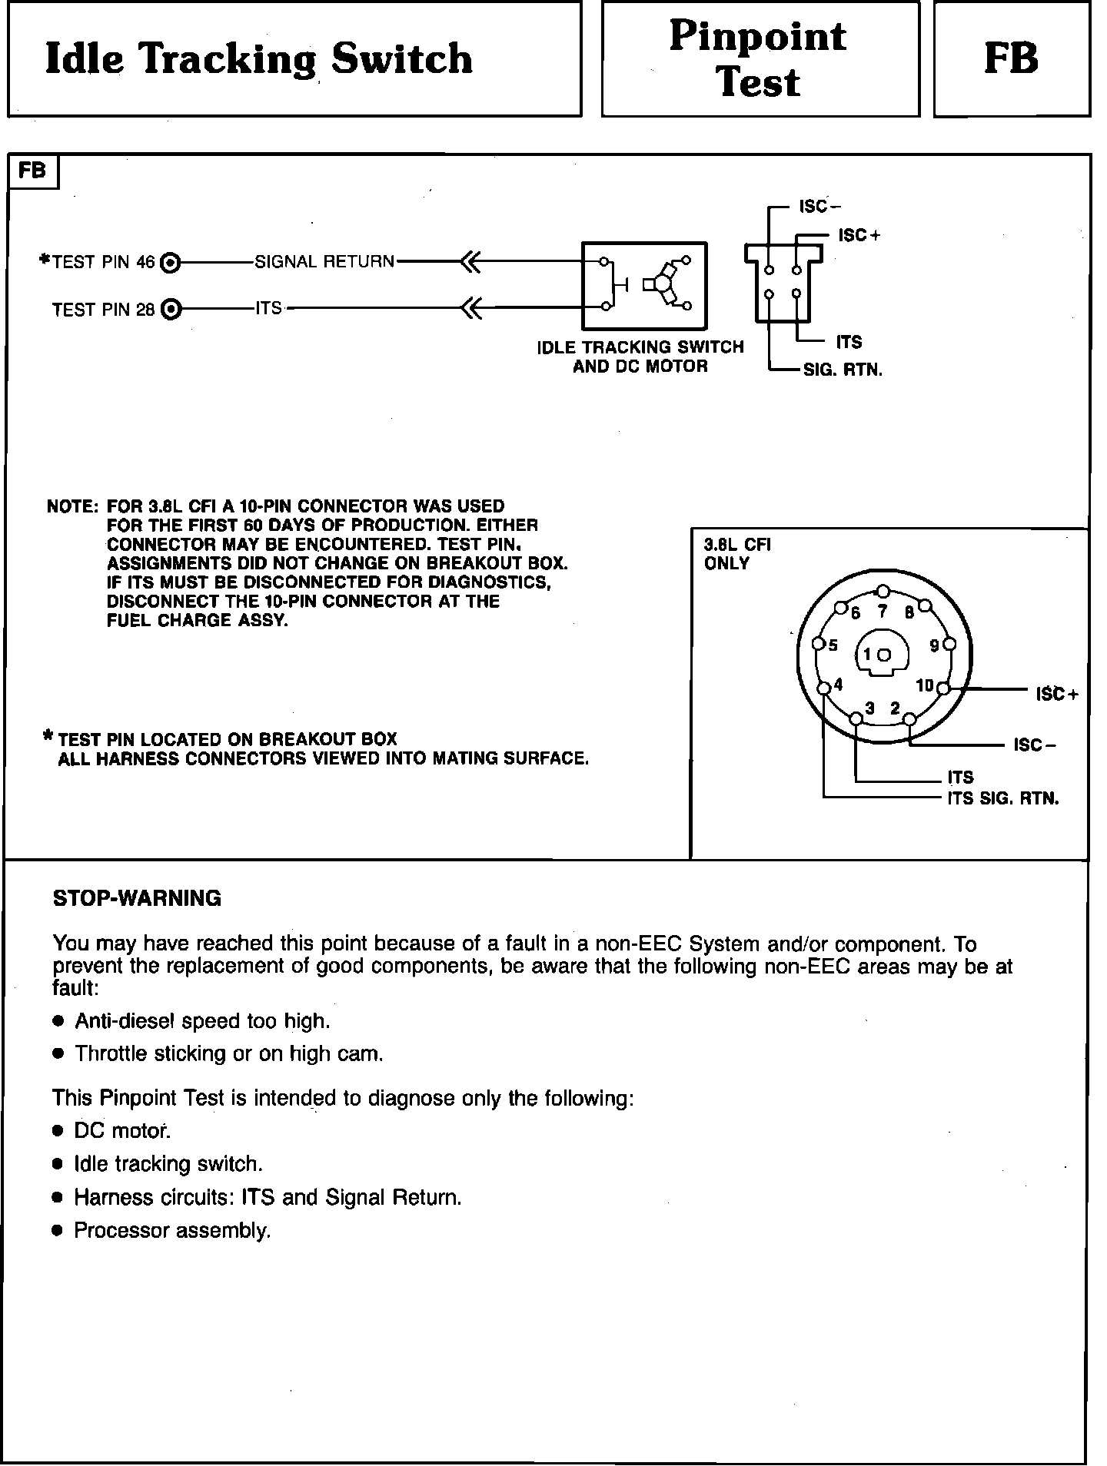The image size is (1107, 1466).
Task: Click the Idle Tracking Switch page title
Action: (x=259, y=59)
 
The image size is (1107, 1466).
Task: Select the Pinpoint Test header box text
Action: (x=758, y=59)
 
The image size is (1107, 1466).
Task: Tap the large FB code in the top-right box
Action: (x=1011, y=59)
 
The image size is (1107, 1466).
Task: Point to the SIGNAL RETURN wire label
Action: (x=324, y=262)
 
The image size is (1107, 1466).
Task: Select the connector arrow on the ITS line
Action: (x=470, y=310)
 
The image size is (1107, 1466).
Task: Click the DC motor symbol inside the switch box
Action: (x=666, y=284)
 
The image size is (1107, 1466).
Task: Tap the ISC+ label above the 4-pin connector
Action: (x=859, y=235)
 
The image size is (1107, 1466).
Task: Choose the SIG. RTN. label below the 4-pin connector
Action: (x=843, y=370)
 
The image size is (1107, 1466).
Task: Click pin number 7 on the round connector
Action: (x=883, y=612)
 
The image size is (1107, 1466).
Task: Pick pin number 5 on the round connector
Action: (x=833, y=645)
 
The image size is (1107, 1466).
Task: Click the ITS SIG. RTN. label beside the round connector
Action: (x=1002, y=798)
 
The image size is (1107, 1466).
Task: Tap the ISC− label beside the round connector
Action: (x=1035, y=745)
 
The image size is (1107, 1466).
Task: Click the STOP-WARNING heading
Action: (x=137, y=898)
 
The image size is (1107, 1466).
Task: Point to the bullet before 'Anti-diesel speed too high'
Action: (x=58, y=1021)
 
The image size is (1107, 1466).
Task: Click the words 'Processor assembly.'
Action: (x=172, y=1230)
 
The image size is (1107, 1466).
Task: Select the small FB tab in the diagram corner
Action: (x=32, y=171)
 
